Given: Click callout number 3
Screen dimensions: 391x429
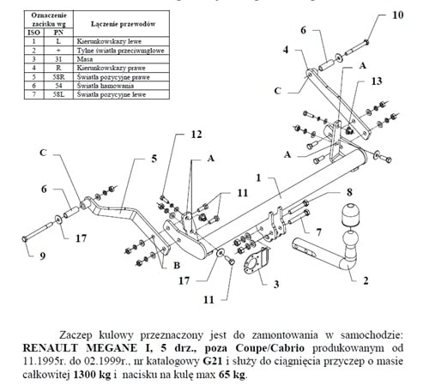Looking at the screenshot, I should pyautogui.click(x=276, y=283).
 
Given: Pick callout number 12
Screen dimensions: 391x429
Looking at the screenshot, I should pyautogui.click(x=196, y=135).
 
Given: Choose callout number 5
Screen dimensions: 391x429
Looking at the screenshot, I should pyautogui.click(x=154, y=159).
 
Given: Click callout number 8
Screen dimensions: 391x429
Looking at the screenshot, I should pyautogui.click(x=348, y=193).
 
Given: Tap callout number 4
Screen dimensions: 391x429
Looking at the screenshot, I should pyautogui.click(x=287, y=51).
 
